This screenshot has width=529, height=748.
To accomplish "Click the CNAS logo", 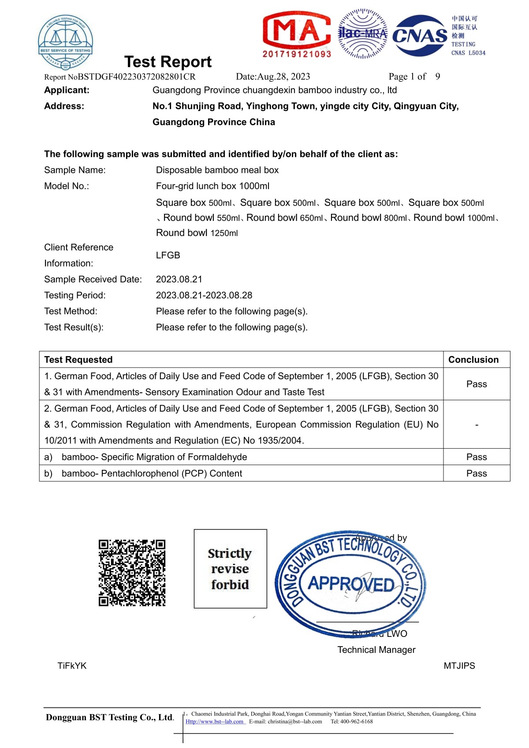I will click(x=419, y=36).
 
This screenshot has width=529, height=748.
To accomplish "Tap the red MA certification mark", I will click(x=297, y=34).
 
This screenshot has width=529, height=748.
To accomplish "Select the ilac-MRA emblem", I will click(x=362, y=33).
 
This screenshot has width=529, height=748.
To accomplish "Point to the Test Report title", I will click(x=168, y=62).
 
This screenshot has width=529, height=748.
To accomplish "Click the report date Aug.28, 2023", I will click(x=273, y=77).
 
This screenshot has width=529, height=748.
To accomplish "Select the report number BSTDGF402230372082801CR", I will click(x=137, y=77).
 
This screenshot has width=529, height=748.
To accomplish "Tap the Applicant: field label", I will click(x=67, y=90).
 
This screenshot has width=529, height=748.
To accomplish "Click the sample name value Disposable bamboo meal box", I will click(x=217, y=170).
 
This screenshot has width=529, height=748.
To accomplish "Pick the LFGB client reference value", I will click(x=168, y=255).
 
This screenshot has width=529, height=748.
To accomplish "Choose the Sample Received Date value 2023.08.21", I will click(x=179, y=279).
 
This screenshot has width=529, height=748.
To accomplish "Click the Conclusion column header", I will click(x=473, y=360).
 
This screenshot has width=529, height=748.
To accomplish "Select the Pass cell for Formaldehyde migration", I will click(x=477, y=457).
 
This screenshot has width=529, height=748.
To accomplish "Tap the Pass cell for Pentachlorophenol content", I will click(x=477, y=473).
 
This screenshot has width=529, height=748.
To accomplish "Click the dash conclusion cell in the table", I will click(x=477, y=425).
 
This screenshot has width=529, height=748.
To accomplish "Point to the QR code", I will click(x=132, y=573).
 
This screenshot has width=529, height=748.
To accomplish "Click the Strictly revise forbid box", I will click(x=230, y=569).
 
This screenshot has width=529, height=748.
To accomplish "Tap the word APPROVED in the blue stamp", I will click(x=351, y=584).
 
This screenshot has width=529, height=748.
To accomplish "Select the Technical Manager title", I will click(x=376, y=650).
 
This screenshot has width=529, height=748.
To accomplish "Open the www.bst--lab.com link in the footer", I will click(x=215, y=722).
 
